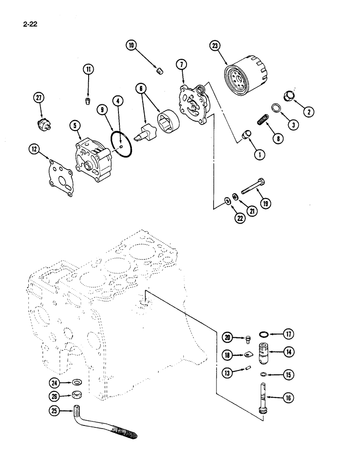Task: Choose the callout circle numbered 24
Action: tap(55, 383)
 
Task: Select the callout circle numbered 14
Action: tap(289, 353)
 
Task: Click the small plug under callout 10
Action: tap(159, 71)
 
